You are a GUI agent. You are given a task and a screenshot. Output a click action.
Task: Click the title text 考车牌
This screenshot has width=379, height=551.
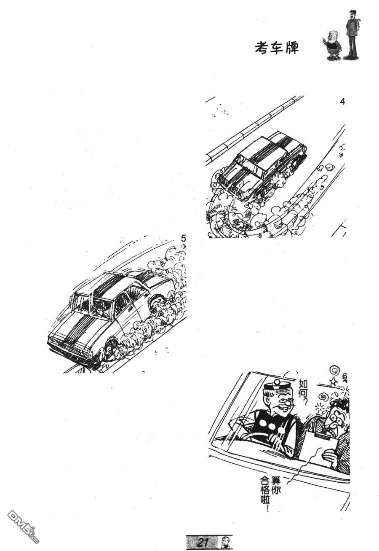coord(277,47)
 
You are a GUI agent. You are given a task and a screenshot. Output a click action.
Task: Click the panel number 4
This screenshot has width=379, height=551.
coord(342,101)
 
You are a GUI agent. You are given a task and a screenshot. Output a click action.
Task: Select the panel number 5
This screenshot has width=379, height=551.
coord(183,238)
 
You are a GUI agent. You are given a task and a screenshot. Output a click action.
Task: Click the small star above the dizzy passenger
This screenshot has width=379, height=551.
coord(333,382)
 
